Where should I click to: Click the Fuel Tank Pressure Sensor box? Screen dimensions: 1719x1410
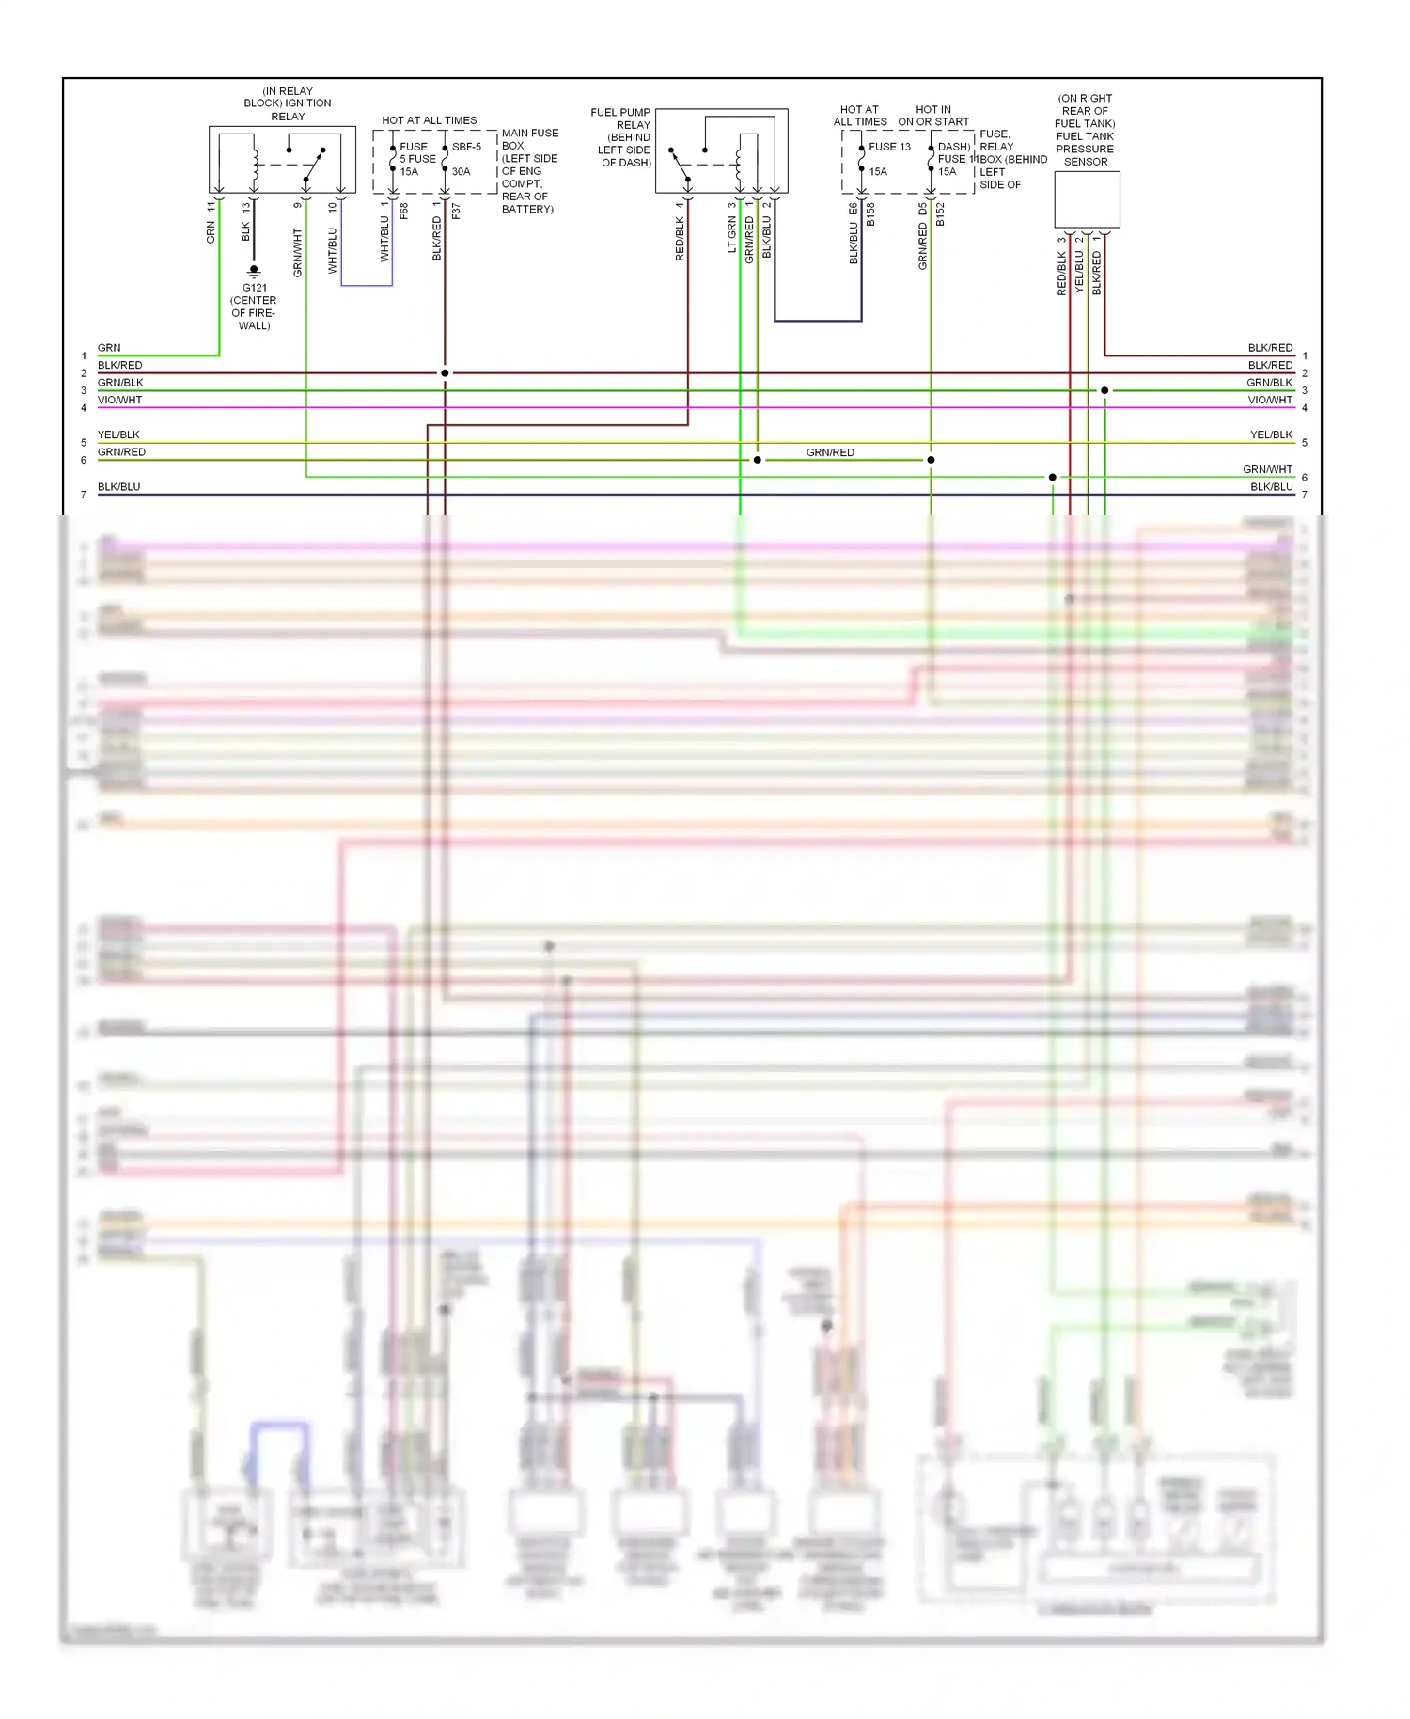1087,199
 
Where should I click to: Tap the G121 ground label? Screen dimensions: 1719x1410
254,288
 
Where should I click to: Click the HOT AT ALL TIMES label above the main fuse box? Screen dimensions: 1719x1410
429,120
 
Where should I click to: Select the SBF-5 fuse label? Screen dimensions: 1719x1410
466,147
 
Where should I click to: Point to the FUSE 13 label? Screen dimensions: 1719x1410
889,147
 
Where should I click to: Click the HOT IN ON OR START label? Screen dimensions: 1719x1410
932,116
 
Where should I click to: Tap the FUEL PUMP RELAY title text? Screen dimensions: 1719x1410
621,118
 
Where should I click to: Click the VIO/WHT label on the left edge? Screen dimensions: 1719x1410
119,400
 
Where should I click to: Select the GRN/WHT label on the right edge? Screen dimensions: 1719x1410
1267,469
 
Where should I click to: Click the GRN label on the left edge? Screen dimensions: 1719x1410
109,348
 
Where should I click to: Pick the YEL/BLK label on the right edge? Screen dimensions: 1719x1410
1271,434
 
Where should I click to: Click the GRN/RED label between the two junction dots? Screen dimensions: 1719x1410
830,452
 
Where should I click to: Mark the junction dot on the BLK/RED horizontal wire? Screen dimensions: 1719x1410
445,373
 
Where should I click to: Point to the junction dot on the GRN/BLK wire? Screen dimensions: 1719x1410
1104,390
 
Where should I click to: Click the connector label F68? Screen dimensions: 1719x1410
404,212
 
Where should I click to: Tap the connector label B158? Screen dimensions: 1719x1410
870,214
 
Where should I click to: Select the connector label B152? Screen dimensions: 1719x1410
940,214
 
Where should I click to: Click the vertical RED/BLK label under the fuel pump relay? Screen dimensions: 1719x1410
679,239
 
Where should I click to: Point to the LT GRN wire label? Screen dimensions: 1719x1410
731,234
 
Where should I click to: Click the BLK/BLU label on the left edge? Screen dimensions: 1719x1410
118,487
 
